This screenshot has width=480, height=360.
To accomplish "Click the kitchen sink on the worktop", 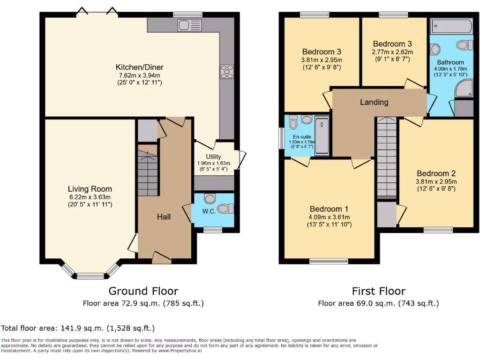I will click(189, 25).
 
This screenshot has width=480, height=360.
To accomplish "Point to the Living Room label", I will click(90, 189).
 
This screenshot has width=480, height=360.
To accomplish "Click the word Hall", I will click(164, 217).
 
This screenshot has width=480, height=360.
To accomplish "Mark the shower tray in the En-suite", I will click(322, 136).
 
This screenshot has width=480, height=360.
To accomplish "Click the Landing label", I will click(374, 102).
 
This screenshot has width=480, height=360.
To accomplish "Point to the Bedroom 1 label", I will click(329, 209).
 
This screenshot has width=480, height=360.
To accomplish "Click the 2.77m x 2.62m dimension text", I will click(392, 52).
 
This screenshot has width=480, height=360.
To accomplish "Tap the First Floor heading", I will click(378, 291).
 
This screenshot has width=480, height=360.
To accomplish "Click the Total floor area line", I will click(78, 328).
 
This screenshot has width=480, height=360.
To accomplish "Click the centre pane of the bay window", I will click(90, 276).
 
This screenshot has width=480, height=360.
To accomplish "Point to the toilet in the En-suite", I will click(294, 123).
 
